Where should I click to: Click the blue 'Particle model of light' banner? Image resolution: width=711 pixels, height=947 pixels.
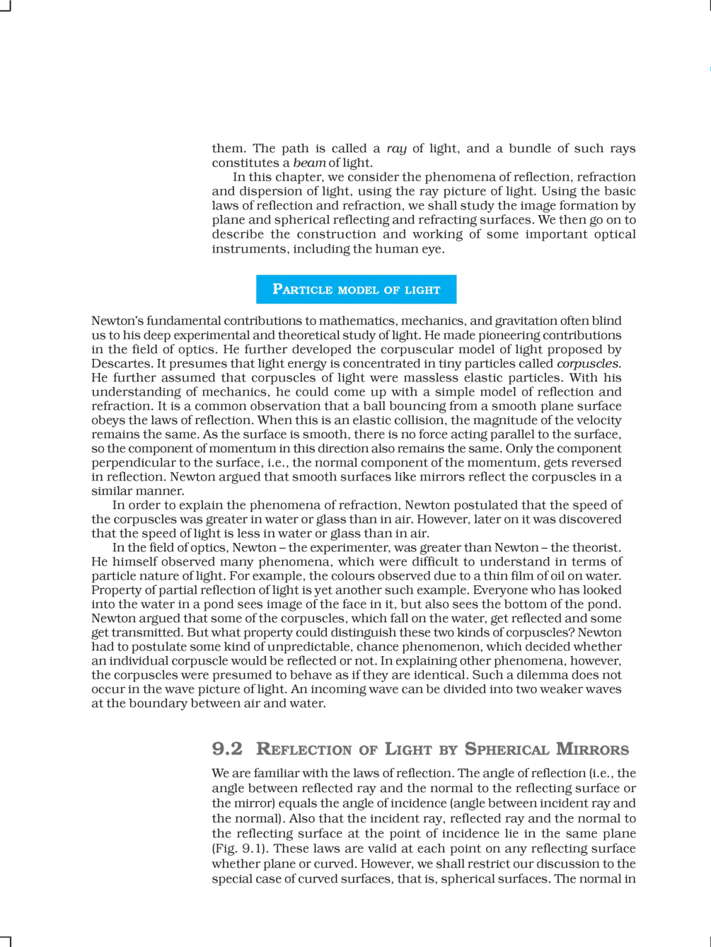pos(356,289)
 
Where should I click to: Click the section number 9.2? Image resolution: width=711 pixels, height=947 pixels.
pos(226,749)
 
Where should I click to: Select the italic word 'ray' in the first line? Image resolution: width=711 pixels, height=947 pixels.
pos(396,149)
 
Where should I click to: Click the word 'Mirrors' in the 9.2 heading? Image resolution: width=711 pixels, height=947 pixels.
pos(592,749)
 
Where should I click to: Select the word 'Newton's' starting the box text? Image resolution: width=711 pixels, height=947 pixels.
pos(117,321)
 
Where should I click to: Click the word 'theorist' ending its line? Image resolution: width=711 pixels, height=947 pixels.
pos(599,548)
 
